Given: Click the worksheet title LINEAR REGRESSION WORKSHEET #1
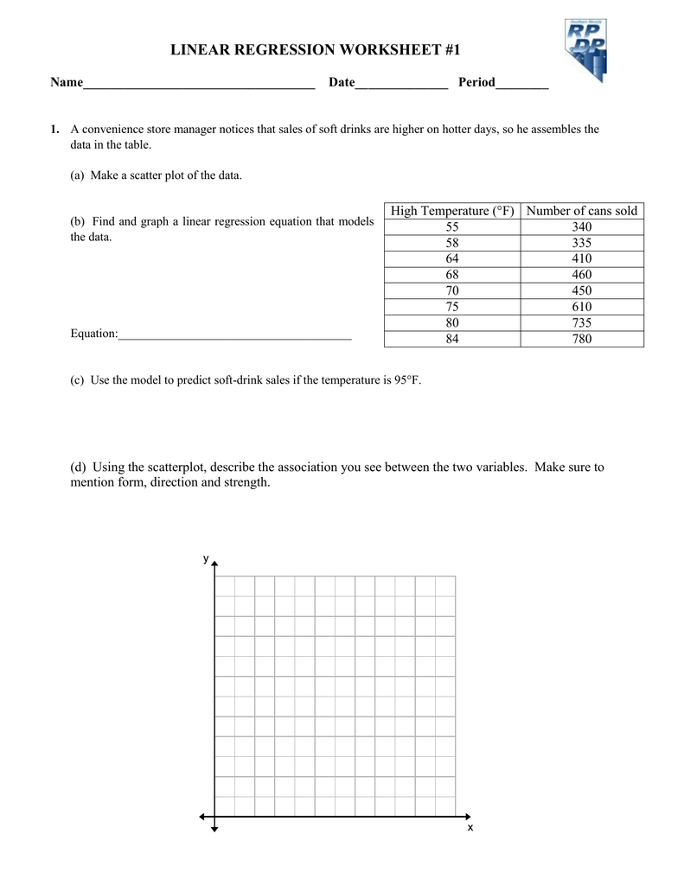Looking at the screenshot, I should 315,51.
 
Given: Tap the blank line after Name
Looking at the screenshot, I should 199,83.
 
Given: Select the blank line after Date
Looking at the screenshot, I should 401,83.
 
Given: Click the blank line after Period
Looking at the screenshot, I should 522,83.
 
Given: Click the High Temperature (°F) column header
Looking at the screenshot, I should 452,211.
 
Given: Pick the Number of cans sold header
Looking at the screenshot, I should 582,211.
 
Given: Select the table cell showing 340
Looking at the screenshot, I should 582,227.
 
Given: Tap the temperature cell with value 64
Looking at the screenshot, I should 452,259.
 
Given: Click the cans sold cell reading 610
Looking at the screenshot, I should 582,307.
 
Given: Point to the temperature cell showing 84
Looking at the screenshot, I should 452,339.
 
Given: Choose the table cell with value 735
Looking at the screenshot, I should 582,323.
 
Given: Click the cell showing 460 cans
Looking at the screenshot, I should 582,275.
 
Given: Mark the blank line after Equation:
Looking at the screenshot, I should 234,334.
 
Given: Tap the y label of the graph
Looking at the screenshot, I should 206,559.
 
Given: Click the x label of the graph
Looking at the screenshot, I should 470,828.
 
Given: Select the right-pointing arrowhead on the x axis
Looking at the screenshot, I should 468,817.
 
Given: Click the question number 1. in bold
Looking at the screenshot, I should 54,130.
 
